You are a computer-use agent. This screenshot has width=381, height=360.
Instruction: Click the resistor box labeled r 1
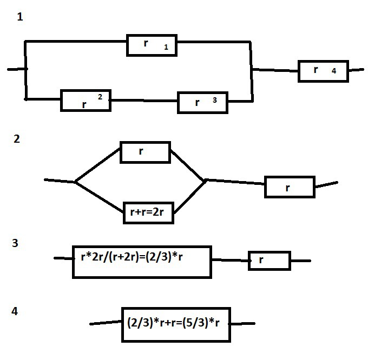152,45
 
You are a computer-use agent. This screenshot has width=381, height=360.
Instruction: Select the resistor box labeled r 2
86,101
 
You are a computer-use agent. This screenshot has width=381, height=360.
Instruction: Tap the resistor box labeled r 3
203,102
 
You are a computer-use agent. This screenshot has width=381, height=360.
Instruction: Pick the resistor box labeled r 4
323,71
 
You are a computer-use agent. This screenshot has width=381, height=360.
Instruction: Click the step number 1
20,17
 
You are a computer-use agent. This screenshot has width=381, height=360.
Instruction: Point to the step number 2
17,139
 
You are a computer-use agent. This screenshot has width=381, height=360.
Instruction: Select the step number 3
16,243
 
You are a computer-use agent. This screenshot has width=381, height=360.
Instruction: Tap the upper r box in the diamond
145,152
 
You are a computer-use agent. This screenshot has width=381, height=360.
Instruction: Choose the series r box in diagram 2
289,187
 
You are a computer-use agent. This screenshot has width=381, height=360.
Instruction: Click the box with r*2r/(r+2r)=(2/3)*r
142,262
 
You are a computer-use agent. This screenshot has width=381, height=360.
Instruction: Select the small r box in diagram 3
269,261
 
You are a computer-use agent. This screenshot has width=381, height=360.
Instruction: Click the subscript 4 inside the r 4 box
334,71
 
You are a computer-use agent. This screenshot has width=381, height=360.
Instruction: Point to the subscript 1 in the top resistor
166,49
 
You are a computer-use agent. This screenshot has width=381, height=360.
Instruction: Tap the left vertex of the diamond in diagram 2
75,182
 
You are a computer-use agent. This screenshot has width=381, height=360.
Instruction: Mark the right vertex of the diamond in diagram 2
206,180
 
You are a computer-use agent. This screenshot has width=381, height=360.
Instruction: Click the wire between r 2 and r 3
144,101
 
